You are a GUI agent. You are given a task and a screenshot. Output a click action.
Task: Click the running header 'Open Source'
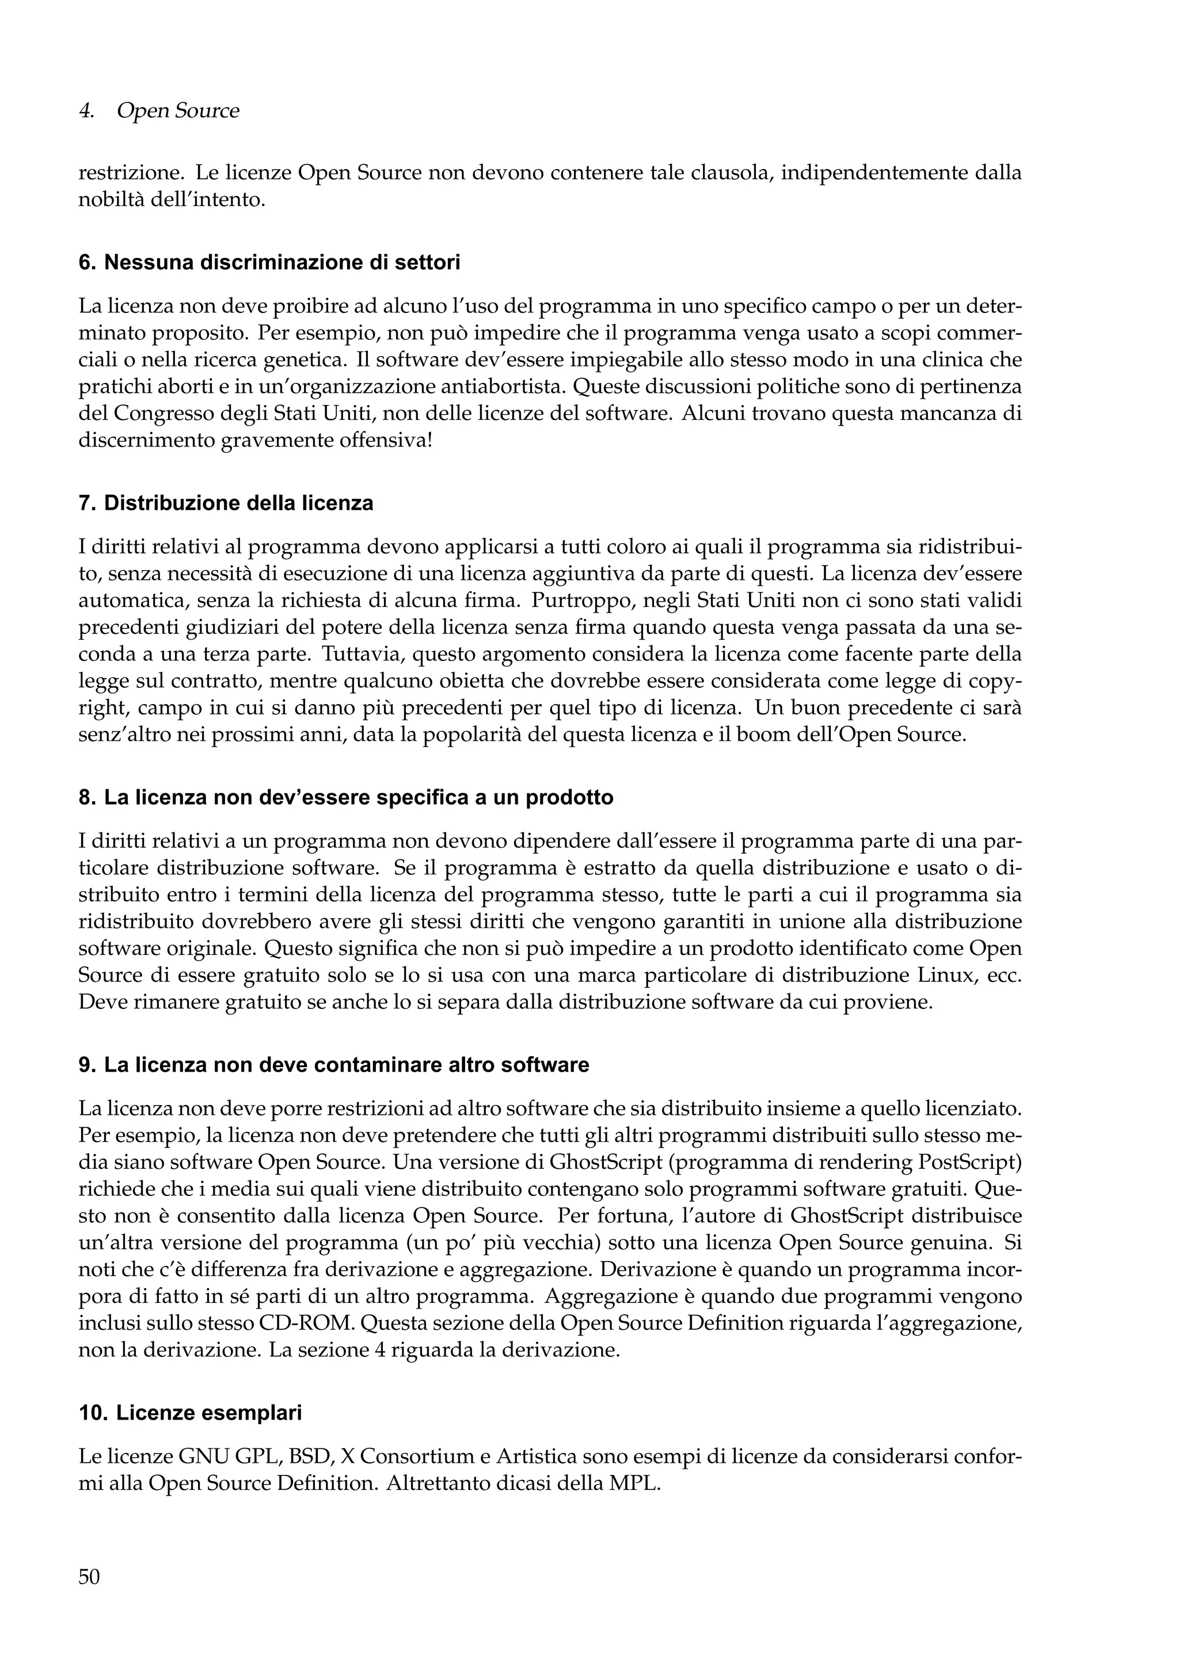point(177,111)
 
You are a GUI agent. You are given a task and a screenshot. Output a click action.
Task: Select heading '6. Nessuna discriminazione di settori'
point(269,263)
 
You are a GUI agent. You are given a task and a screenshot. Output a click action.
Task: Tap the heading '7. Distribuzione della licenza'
point(225,503)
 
